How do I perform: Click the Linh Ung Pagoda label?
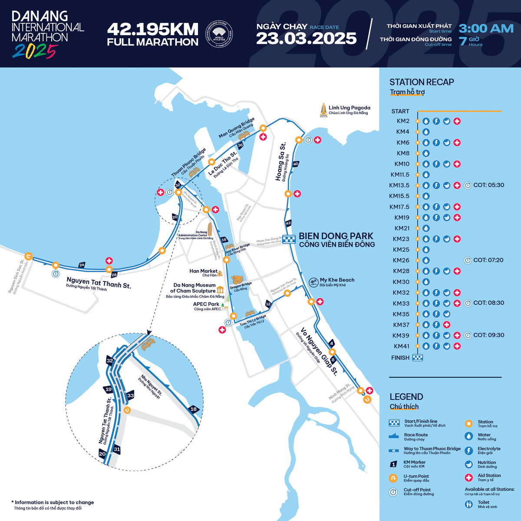pyautogui.click(x=349, y=108)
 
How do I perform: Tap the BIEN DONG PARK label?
pyautogui.click(x=336, y=236)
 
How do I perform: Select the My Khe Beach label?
pyautogui.click(x=337, y=280)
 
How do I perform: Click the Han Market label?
pyautogui.click(x=203, y=271)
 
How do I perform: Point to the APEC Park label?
pyautogui.click(x=206, y=304)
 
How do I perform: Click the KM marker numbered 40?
pyautogui.click(x=296, y=164)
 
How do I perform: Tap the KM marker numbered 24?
pyautogui.click(x=82, y=265)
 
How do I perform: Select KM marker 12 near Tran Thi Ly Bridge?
pyautogui.click(x=268, y=304)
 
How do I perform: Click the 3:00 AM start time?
pyautogui.click(x=486, y=29)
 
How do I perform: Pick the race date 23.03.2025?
pyautogui.click(x=306, y=39)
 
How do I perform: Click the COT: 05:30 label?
pyautogui.click(x=488, y=185)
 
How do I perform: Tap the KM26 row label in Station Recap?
pyautogui.click(x=401, y=260)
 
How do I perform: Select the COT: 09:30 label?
pyautogui.click(x=488, y=335)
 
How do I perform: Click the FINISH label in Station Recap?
pyautogui.click(x=400, y=358)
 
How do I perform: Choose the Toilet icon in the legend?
pyautogui.click(x=468, y=505)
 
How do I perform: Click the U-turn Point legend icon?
pyautogui.click(x=394, y=478)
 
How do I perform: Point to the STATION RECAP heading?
pyautogui.click(x=421, y=82)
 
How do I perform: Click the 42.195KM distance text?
pyautogui.click(x=152, y=29)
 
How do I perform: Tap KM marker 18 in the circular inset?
pyautogui.click(x=194, y=409)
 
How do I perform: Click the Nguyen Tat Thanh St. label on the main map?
pyautogui.click(x=99, y=283)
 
